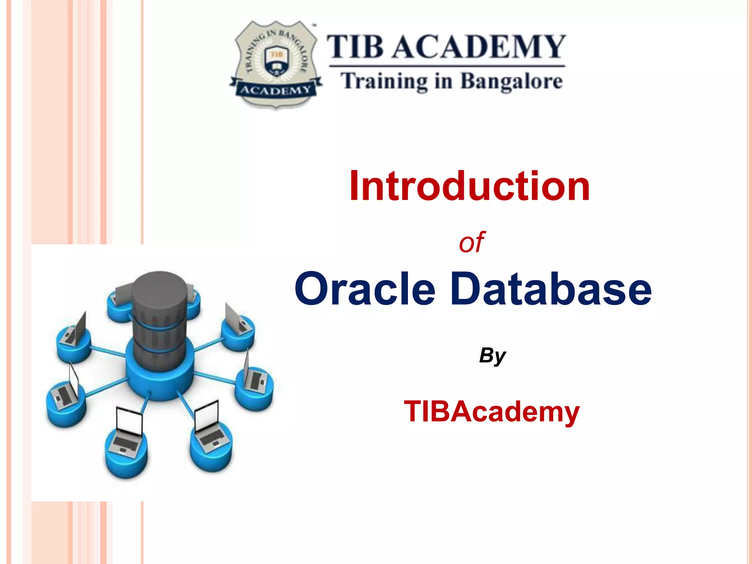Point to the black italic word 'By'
(492, 355)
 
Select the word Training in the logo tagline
(384, 82)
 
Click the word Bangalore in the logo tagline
(511, 82)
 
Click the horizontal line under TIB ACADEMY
(447, 66)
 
